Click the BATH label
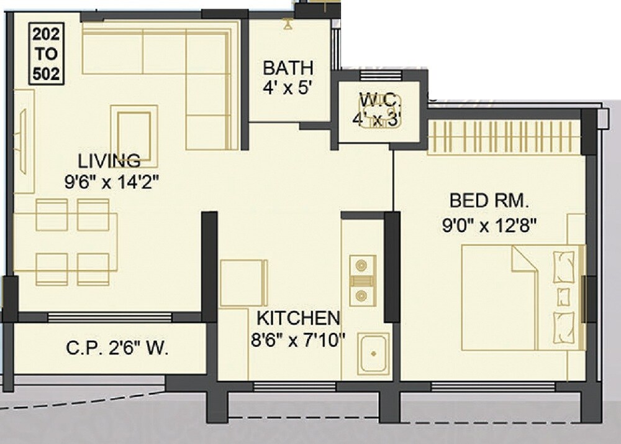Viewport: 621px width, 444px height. pos(288,67)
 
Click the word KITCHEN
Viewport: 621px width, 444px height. pos(298,318)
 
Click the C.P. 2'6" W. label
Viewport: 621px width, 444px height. pos(117,349)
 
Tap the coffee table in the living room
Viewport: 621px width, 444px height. pos(134,127)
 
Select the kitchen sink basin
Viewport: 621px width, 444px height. pos(373,353)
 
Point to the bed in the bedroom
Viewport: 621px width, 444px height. pos(522,297)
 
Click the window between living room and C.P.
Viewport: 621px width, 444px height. pos(109,317)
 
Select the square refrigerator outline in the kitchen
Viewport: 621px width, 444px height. pos(243,283)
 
